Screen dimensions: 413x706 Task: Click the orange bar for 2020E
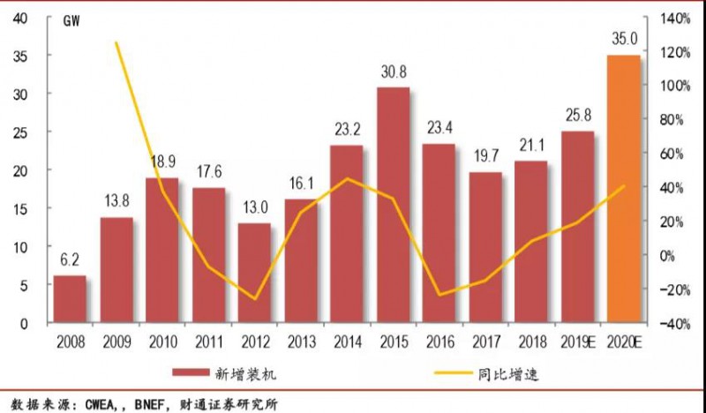click(x=623, y=189)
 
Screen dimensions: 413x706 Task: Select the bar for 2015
click(x=393, y=205)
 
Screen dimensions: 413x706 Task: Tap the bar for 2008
click(x=71, y=299)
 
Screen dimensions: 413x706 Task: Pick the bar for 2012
click(x=254, y=273)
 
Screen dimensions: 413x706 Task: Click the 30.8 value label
click(x=393, y=72)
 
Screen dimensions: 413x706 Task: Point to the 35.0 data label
click(x=623, y=39)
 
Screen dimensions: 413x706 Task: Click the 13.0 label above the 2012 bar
click(x=254, y=208)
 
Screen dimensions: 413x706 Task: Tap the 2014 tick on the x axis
click(x=347, y=339)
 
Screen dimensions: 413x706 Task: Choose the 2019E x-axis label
click(x=577, y=339)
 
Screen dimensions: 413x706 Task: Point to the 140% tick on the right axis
click(x=668, y=18)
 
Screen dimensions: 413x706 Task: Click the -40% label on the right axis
click(x=668, y=324)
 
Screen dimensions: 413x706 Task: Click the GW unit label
click(x=71, y=22)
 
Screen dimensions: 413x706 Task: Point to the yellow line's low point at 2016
click(x=439, y=294)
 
